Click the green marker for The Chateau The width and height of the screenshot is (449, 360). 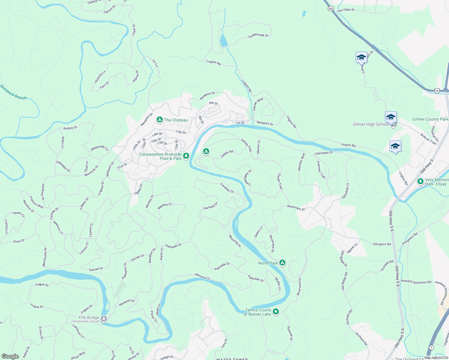point(159,120)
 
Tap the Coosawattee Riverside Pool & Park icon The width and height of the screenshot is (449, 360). point(186,156)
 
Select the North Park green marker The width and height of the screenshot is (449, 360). point(282,263)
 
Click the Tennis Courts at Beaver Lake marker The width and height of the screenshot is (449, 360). point(276,312)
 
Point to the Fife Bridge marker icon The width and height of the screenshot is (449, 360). point(104,318)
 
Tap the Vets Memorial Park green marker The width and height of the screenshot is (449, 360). point(420,181)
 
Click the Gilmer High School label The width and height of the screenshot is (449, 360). point(371,124)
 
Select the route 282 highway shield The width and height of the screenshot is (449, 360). point(331,9)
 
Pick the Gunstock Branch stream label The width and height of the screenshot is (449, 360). point(13,92)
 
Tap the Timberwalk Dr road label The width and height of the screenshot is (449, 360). point(258,35)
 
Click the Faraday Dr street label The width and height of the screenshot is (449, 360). point(227,188)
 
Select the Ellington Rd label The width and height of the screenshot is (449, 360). point(382,244)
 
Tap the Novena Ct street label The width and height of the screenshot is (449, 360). point(202,276)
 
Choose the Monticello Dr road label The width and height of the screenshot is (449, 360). point(45,257)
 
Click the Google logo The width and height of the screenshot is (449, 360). point(10,356)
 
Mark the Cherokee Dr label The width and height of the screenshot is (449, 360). point(324,153)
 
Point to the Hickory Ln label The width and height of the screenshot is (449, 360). point(100,77)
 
